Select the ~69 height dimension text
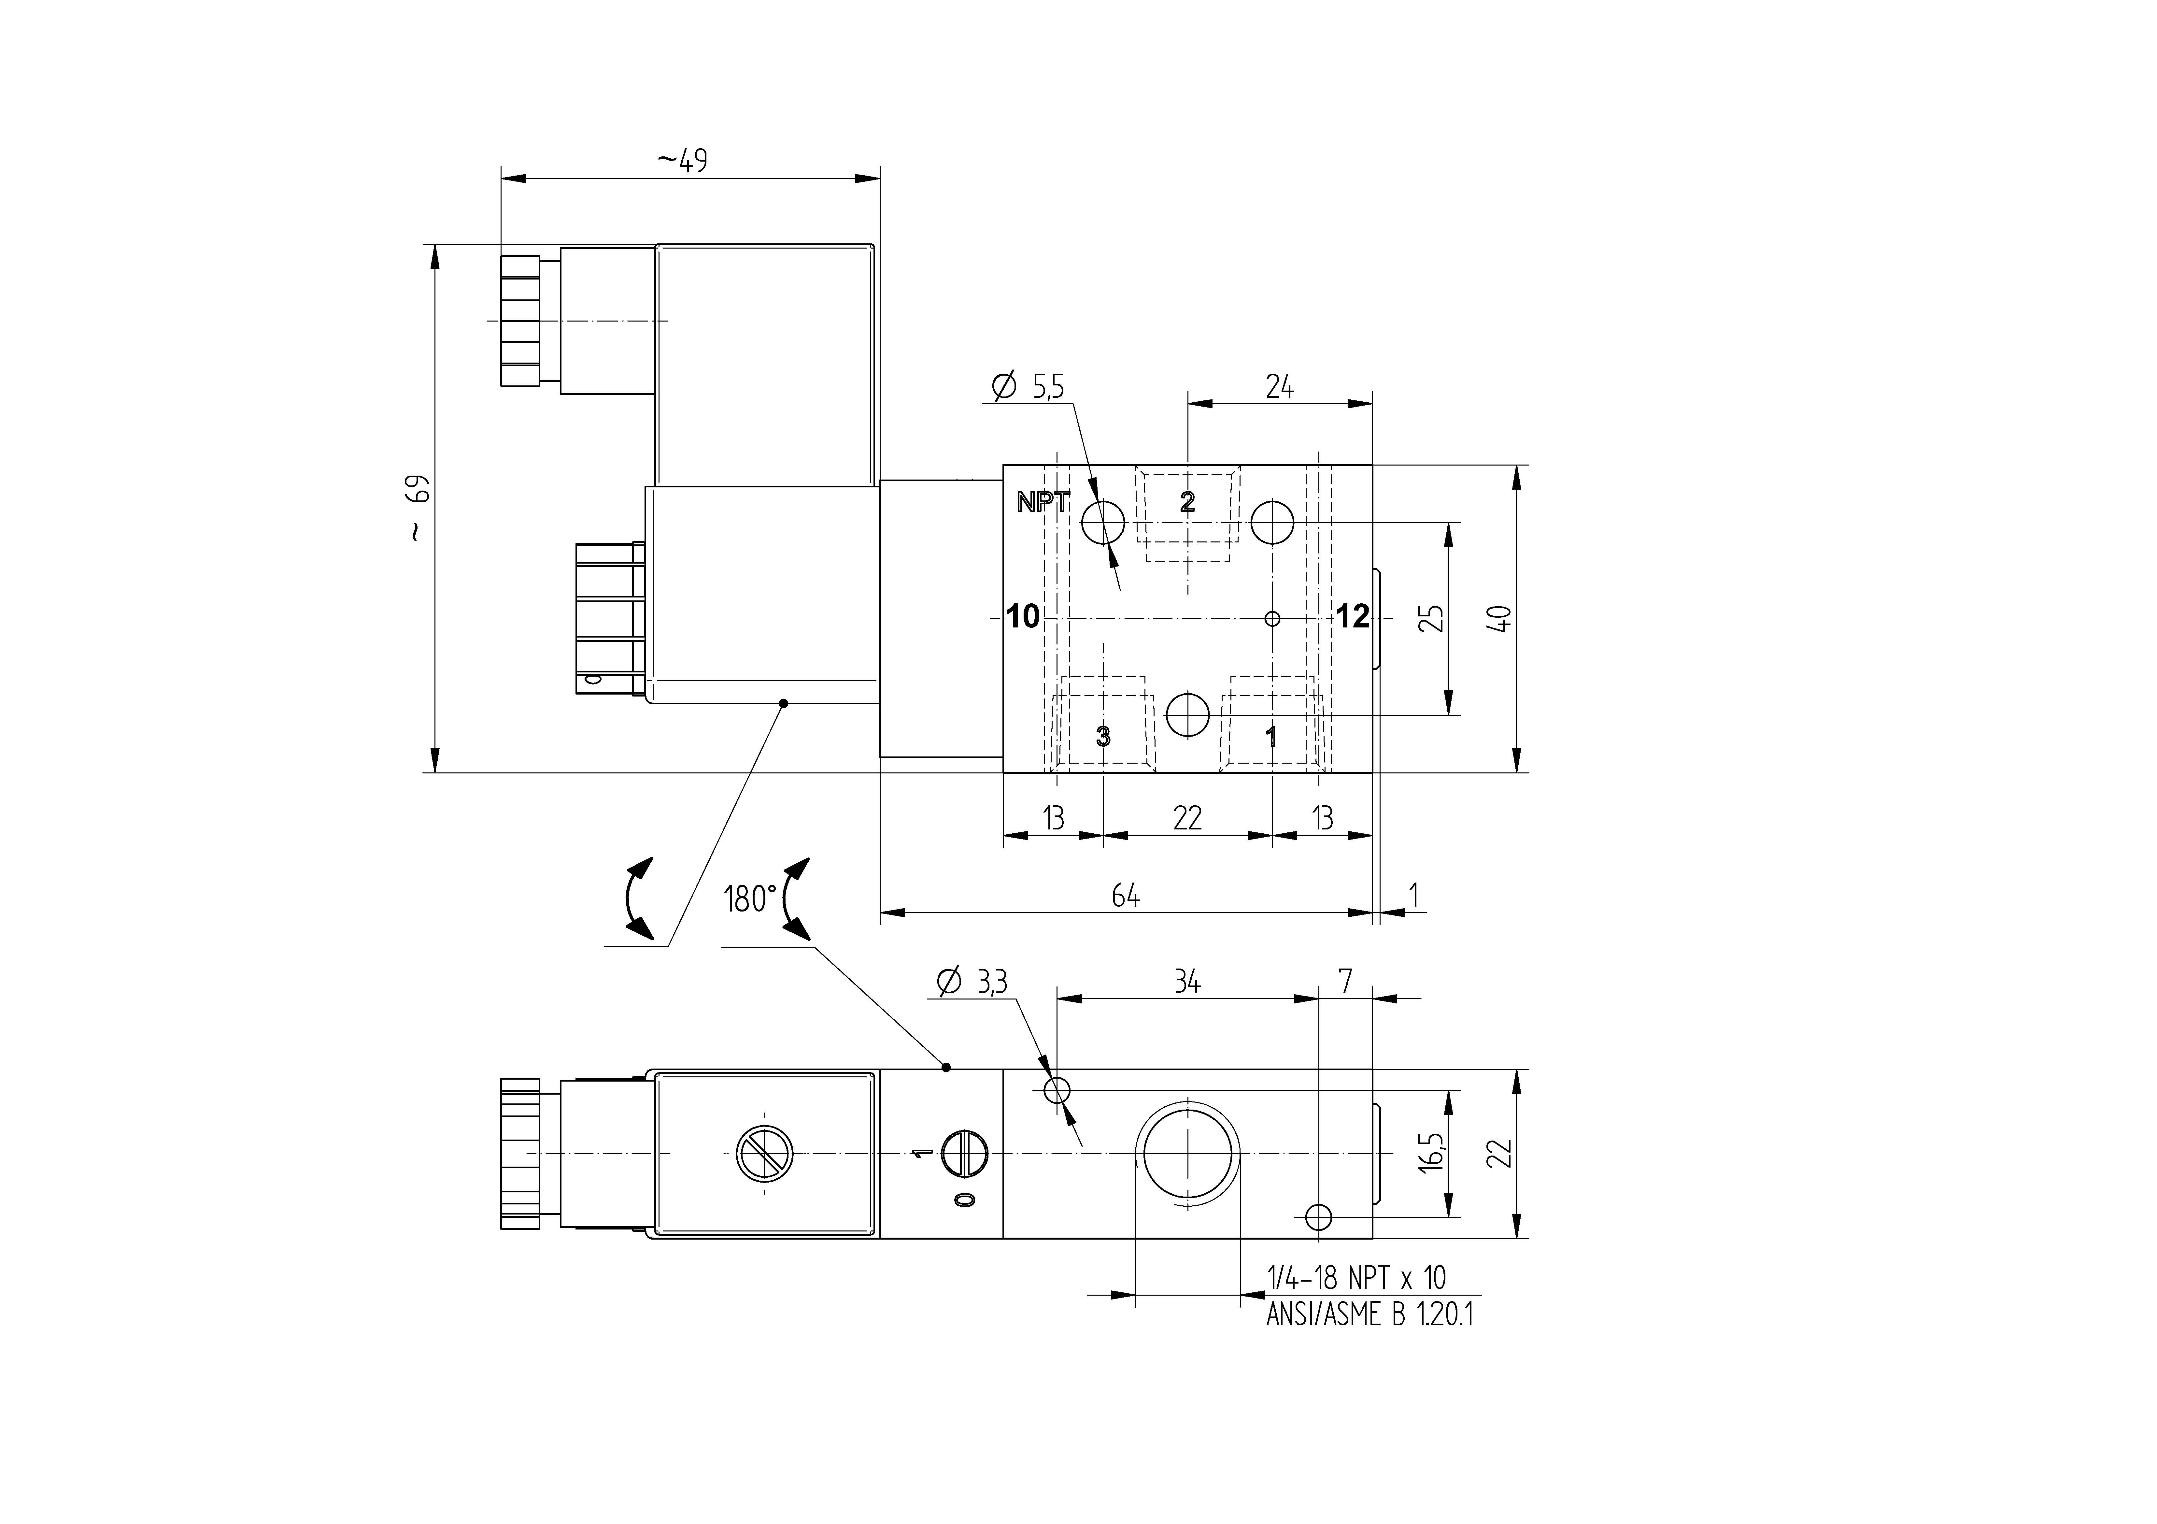click(x=418, y=507)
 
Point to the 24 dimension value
click(x=1280, y=386)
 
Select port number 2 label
click(x=1187, y=502)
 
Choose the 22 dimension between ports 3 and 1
click(x=1187, y=818)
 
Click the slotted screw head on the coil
click(x=765, y=1153)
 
